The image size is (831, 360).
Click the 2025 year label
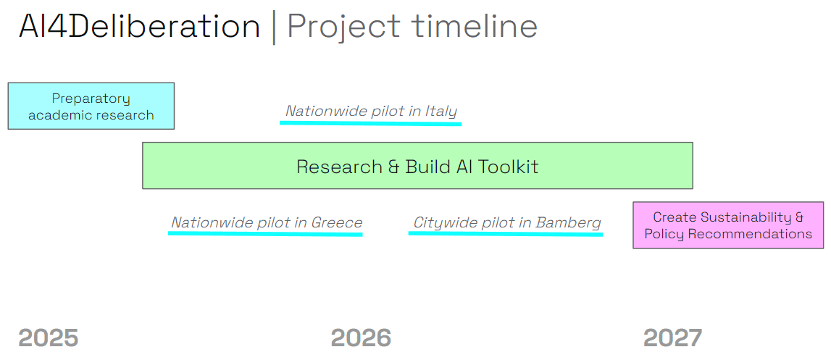[48, 338]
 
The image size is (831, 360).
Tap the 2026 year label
[361, 338]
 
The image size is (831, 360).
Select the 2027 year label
[672, 338]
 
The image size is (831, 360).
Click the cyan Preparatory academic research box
[91, 106]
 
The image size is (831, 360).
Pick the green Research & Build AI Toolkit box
[417, 166]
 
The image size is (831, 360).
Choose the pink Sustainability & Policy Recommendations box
[728, 225]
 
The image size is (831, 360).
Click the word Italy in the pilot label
[442, 111]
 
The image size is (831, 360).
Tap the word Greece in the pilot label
[337, 222]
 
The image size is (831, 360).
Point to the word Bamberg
[569, 222]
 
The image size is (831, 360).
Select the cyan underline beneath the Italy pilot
[370, 122]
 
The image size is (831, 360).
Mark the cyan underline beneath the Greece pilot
[265, 234]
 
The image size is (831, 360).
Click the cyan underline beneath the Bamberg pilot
[506, 234]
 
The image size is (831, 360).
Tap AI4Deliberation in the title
[139, 27]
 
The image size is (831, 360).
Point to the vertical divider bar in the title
[274, 28]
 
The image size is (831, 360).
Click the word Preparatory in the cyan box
[91, 99]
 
